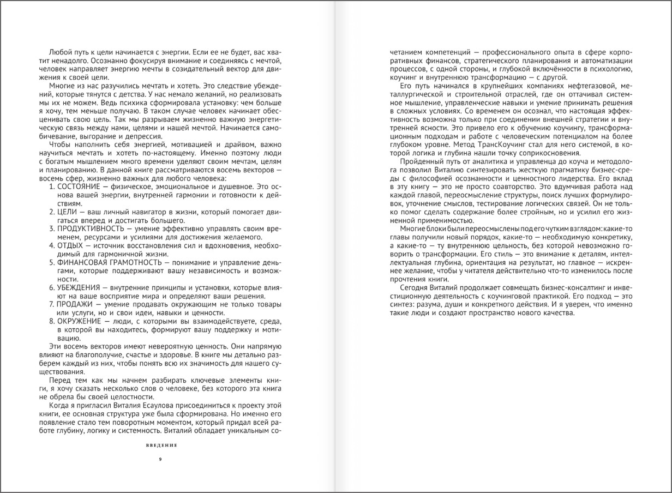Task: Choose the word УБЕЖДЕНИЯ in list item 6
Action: pyautogui.click(x=79, y=287)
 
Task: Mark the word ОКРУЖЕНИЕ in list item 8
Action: pyautogui.click(x=79, y=321)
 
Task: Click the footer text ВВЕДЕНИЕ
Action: pyautogui.click(x=162, y=444)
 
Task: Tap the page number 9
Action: pyautogui.click(x=160, y=459)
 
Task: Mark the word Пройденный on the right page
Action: pyautogui.click(x=419, y=161)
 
